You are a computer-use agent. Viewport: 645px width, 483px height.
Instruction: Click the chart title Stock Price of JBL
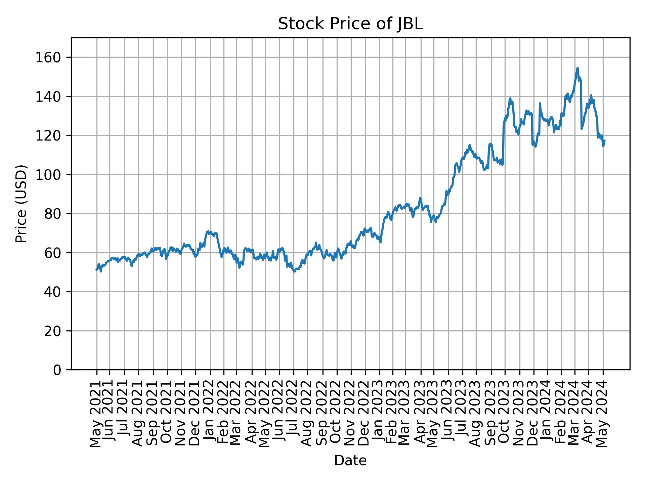click(x=350, y=24)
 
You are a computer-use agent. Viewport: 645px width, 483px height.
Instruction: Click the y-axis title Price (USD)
click(x=21, y=204)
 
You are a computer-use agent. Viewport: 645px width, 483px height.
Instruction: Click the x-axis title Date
click(x=350, y=461)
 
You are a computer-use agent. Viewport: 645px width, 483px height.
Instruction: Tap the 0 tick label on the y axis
click(x=57, y=370)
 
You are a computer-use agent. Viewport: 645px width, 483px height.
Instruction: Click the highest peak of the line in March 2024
click(x=577, y=68)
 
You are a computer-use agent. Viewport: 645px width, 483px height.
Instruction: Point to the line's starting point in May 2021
click(x=97, y=270)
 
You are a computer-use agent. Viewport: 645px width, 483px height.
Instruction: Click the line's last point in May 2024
click(x=605, y=141)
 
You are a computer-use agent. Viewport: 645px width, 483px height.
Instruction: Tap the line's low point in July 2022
click(x=294, y=271)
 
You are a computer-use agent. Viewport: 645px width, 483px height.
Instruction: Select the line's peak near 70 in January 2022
click(x=208, y=231)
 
